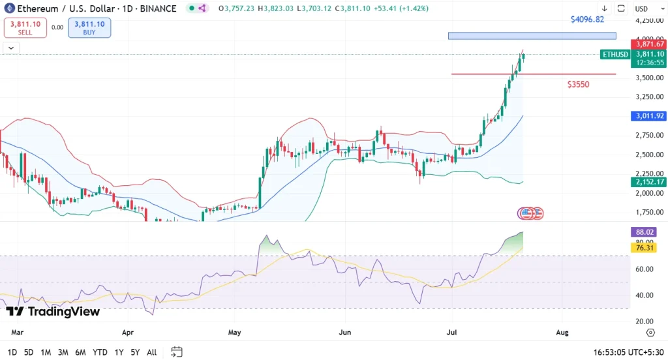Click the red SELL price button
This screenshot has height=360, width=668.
click(24, 27)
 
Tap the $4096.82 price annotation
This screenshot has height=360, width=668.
click(587, 20)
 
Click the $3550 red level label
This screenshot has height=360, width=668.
click(578, 85)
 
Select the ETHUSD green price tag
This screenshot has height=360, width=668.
click(615, 54)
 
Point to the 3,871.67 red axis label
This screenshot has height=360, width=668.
click(650, 44)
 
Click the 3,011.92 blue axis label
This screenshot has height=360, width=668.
click(650, 116)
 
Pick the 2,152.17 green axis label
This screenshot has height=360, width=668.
click(650, 182)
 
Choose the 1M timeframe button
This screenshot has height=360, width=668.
click(46, 352)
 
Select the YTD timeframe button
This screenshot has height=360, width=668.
click(100, 352)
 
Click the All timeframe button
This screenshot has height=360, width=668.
click(151, 352)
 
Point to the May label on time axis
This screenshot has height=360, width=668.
click(235, 333)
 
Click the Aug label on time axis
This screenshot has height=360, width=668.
click(562, 333)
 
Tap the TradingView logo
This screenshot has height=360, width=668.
click(53, 312)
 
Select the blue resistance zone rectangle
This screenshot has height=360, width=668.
click(532, 36)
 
